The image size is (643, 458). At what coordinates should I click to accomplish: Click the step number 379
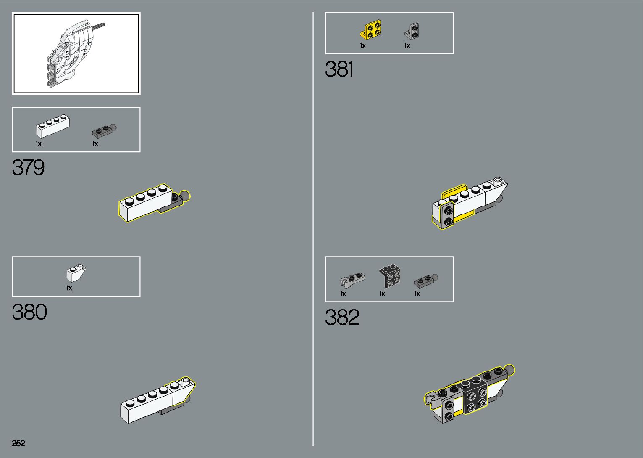point(28,167)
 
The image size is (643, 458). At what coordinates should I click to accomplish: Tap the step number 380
point(29,312)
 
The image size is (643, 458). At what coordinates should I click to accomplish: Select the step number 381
point(339,69)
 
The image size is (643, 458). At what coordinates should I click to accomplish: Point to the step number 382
point(342,318)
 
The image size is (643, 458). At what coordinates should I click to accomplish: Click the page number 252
point(18,443)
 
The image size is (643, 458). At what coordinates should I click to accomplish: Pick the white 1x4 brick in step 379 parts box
point(52,126)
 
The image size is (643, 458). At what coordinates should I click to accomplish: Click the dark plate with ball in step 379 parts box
point(104,131)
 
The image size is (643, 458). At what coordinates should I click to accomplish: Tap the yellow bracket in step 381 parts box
point(371,30)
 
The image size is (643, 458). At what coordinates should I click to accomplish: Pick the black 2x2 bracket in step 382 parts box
point(390,276)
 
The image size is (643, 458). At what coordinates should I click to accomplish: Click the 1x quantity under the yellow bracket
point(363,45)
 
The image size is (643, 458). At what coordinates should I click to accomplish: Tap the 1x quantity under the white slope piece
point(69,288)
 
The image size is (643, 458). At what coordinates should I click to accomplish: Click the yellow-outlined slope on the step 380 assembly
point(183,389)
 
